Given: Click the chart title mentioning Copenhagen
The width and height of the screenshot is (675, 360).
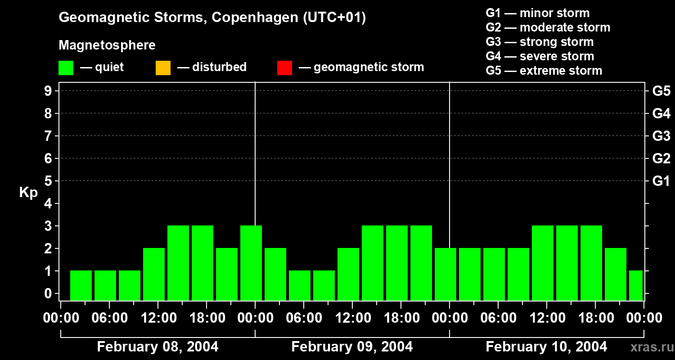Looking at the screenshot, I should click(212, 18).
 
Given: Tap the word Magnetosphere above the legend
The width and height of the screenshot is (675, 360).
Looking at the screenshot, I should click(107, 45).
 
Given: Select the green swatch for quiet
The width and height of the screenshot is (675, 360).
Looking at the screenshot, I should click(66, 68).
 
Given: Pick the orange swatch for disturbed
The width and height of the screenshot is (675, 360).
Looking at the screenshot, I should click(163, 68).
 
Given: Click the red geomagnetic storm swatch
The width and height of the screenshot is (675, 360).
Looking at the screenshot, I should click(284, 68).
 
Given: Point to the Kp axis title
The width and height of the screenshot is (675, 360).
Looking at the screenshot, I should click(28, 193).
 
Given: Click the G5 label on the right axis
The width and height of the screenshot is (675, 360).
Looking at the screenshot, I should click(661, 91).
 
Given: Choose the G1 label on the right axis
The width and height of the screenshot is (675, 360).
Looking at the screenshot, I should click(661, 181).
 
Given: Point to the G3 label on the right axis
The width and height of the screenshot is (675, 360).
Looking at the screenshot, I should click(661, 136).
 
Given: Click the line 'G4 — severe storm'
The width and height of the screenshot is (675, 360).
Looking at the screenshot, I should click(540, 56).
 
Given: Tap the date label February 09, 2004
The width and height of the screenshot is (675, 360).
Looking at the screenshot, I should click(352, 347).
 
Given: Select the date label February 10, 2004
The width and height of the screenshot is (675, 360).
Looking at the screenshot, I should click(546, 347).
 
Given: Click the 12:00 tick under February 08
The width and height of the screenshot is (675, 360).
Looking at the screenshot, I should click(158, 318).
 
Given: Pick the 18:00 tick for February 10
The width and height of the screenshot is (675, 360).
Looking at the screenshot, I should click(595, 318).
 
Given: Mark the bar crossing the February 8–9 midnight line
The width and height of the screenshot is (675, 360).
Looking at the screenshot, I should click(251, 263).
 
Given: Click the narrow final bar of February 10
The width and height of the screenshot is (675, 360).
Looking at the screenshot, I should click(636, 285).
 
